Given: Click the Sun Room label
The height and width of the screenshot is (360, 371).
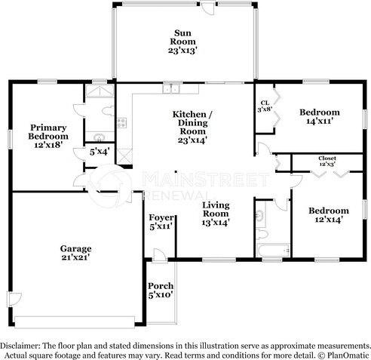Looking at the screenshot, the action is point(182,42).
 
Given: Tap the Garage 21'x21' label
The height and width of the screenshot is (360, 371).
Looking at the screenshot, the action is point(75,253).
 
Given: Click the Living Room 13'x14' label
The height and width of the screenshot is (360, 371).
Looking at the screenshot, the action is point(216,214).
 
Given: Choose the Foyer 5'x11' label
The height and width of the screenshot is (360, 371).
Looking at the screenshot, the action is point(161,222).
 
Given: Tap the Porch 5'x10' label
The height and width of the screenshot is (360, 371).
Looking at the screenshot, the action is point(161,290).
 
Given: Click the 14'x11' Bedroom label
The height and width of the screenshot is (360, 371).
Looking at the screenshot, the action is point(320,116).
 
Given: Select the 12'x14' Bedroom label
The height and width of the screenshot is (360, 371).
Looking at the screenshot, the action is point(329,215).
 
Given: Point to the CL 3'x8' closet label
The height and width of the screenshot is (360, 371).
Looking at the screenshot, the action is point(265,106).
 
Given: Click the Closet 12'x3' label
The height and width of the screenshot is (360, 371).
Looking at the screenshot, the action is point(327,161).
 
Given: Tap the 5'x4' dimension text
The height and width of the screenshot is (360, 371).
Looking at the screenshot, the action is point(100,152).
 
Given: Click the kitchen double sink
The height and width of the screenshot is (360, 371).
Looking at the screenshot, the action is point(170,88).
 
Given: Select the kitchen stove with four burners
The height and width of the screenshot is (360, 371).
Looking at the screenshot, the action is point(121,123).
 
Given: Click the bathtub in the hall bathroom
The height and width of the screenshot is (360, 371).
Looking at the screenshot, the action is point(273,251).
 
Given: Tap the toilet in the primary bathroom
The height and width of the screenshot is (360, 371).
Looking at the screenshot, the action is point(109,111).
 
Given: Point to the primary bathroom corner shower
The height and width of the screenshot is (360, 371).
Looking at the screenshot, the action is point(100,91).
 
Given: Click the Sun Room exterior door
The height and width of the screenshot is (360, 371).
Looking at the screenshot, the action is point(207,8).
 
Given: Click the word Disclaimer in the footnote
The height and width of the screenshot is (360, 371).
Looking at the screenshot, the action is point(20,346).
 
